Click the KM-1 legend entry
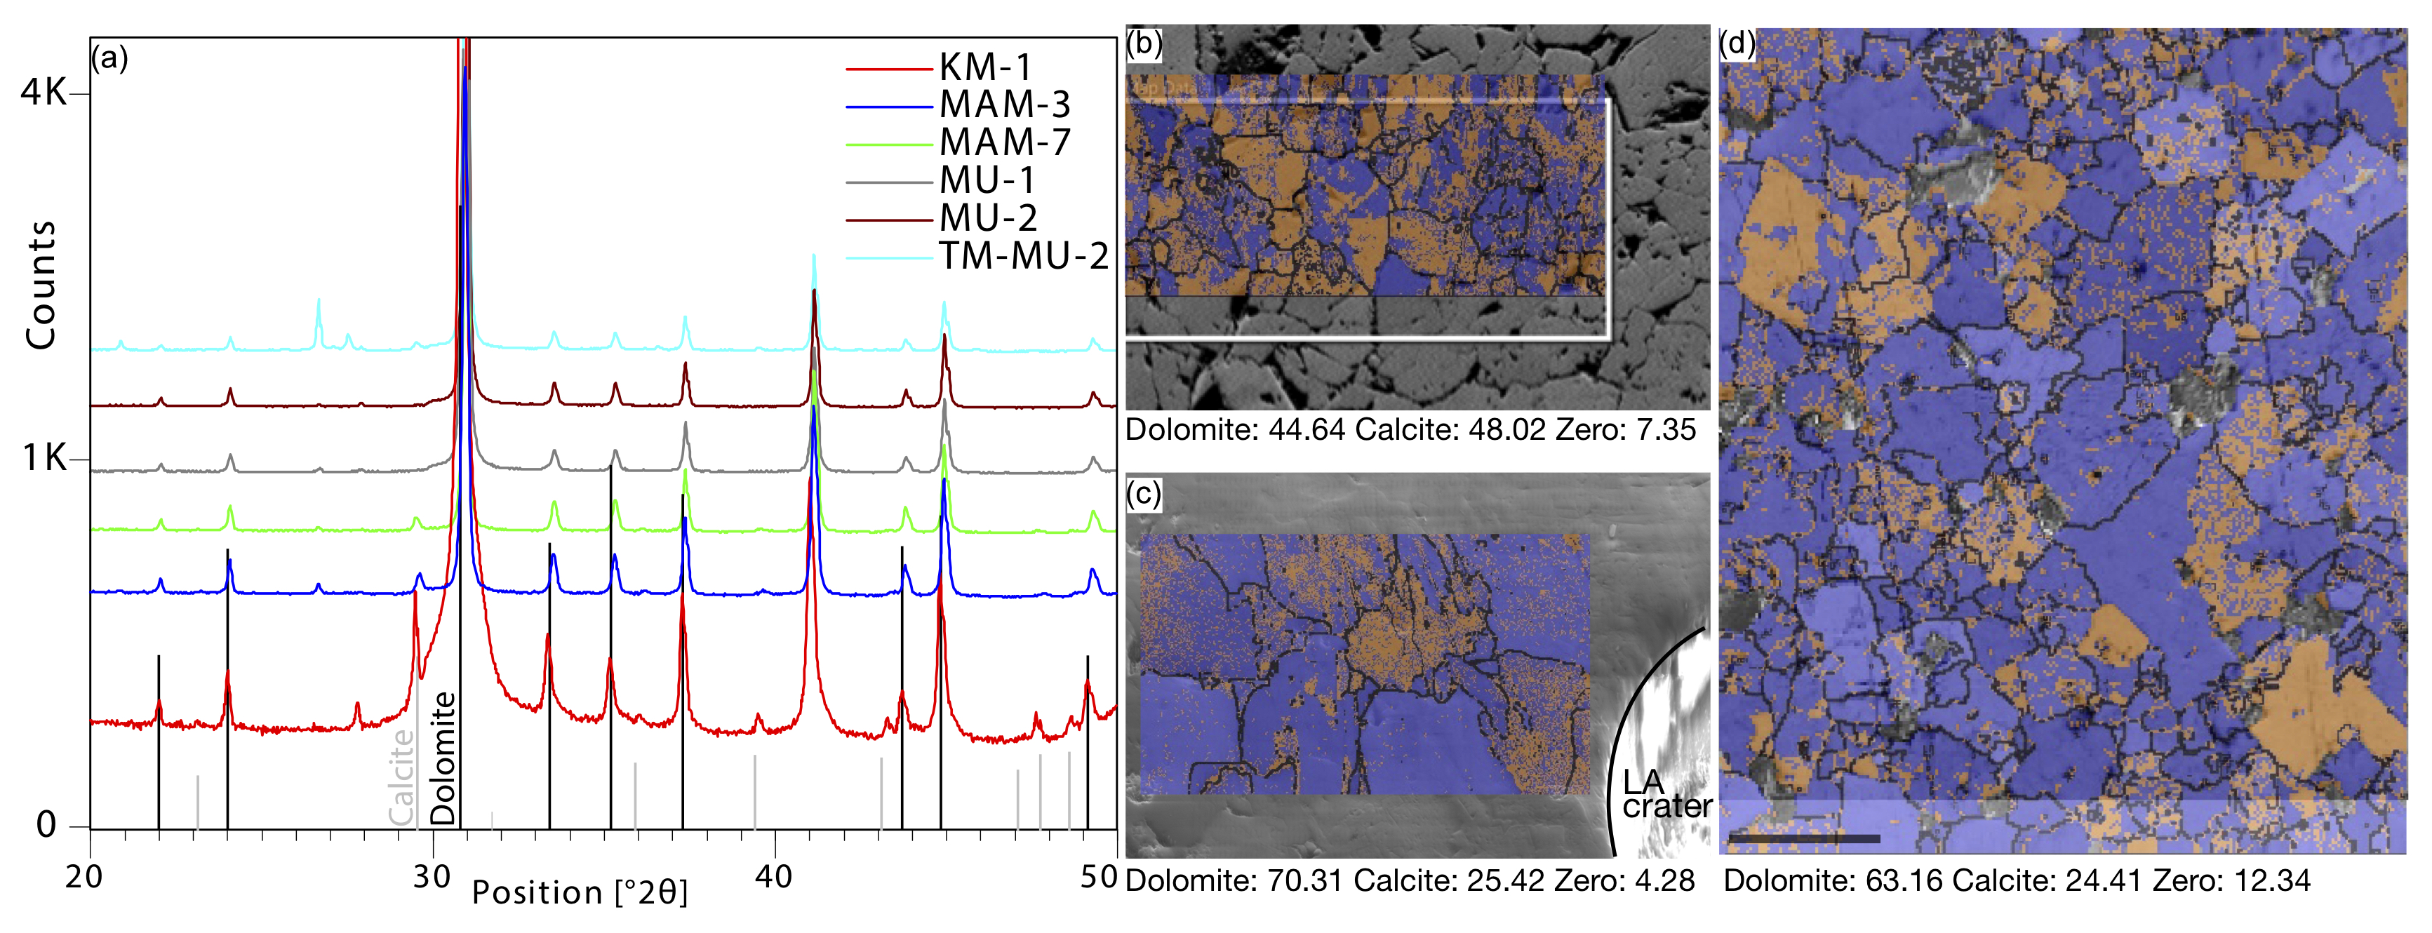pyautogui.click(x=984, y=67)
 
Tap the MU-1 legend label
pyautogui.click(x=987, y=180)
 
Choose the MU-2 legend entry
pyautogui.click(x=987, y=218)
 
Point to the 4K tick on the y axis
pyautogui.click(x=44, y=93)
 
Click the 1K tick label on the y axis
pyautogui.click(x=44, y=458)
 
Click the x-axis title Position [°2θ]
pyautogui.click(x=580, y=892)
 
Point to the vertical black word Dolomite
pyautogui.click(x=443, y=758)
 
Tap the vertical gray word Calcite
pyautogui.click(x=402, y=777)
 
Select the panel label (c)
pyautogui.click(x=1143, y=494)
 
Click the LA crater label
pyautogui.click(x=1666, y=794)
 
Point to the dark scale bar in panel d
pyautogui.click(x=1804, y=838)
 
